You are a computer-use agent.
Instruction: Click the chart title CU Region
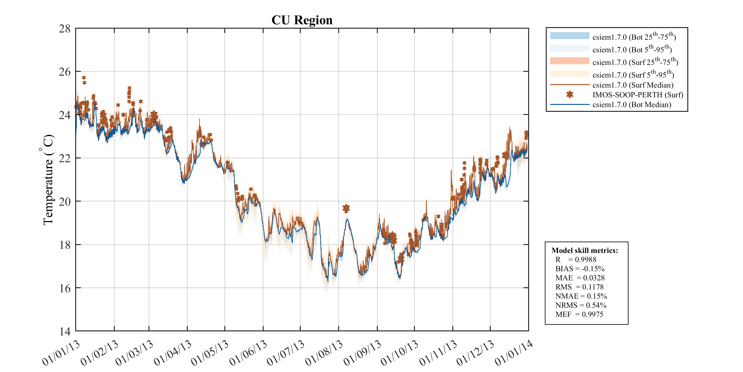302,20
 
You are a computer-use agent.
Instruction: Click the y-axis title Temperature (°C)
48,180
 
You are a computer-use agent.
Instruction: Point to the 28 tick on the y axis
65,29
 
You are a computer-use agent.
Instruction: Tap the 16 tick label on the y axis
65,288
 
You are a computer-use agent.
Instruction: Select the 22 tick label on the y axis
65,158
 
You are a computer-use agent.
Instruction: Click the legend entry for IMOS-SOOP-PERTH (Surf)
638,95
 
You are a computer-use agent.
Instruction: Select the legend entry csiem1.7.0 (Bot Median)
632,105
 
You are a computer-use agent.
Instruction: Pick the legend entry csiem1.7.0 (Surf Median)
633,85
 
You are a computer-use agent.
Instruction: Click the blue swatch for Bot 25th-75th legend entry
569,36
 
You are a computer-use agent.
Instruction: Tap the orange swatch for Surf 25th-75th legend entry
569,61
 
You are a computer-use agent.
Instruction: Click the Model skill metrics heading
584,250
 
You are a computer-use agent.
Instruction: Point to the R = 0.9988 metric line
576,260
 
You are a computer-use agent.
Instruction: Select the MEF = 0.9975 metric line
579,314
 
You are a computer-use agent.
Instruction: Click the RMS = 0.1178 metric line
579,287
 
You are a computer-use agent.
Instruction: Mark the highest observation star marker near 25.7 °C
84,77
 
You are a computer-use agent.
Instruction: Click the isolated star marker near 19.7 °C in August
346,208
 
